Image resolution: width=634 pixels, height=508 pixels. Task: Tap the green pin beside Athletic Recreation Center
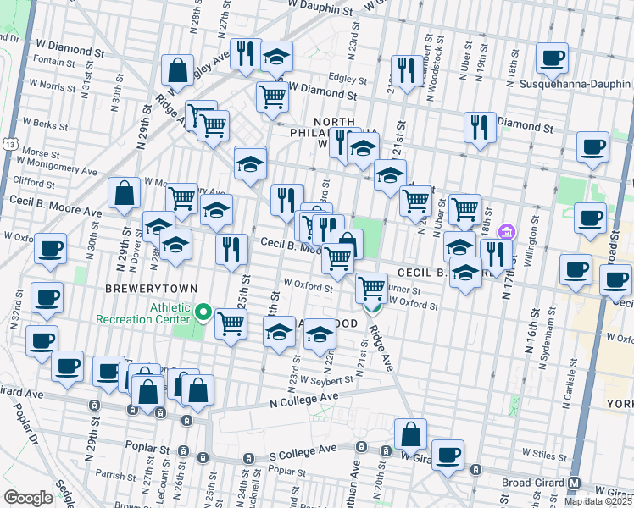[203, 313]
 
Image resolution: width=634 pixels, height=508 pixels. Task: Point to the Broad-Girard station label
[527, 482]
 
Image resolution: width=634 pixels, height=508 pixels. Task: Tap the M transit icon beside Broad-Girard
[576, 483]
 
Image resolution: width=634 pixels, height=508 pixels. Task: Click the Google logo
[29, 497]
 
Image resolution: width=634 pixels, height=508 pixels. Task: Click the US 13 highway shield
[8, 145]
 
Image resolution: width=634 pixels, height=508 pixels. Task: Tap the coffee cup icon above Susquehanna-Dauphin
[553, 58]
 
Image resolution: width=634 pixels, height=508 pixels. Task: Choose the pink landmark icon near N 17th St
[507, 231]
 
